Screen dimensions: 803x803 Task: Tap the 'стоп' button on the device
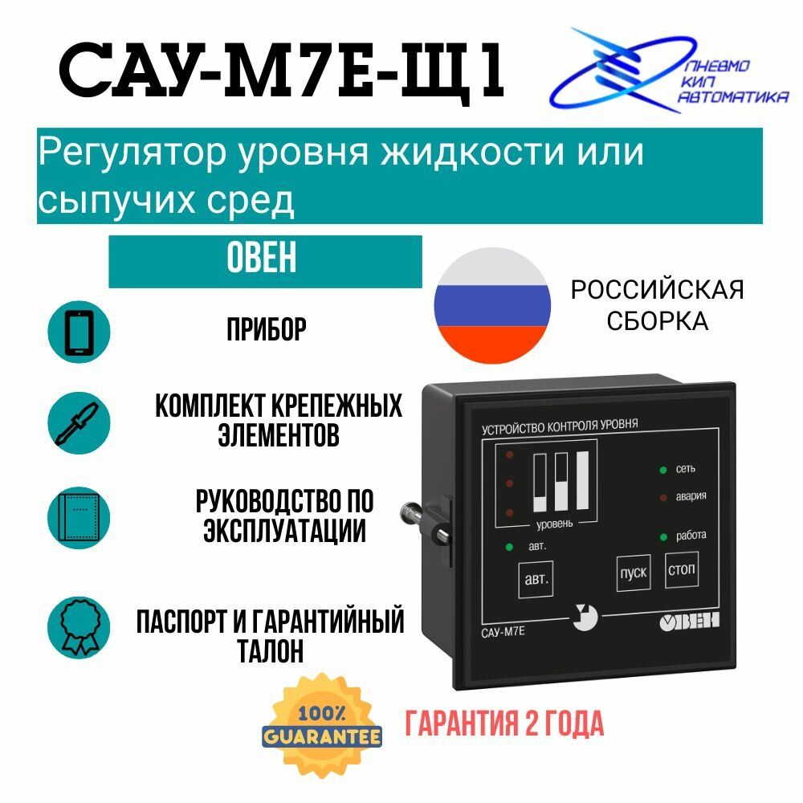pyautogui.click(x=682, y=571)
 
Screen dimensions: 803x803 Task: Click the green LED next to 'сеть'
pyautogui.click(x=662, y=469)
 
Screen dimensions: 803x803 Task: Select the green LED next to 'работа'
pyautogui.click(x=662, y=536)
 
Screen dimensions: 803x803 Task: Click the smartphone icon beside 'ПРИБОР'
pyautogui.click(x=79, y=329)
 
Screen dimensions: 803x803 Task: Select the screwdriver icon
pyautogui.click(x=79, y=422)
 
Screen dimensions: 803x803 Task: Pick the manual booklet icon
pyautogui.click(x=79, y=517)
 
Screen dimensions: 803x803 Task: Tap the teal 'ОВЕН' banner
pyautogui.click(x=265, y=261)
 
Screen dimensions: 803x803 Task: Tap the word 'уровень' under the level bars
pyautogui.click(x=554, y=524)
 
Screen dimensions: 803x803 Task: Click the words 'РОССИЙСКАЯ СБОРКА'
pyautogui.click(x=657, y=305)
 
